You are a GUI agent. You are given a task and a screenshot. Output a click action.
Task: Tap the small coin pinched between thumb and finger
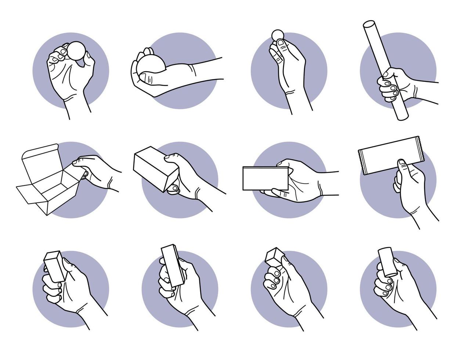pyautogui.click(x=278, y=35)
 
